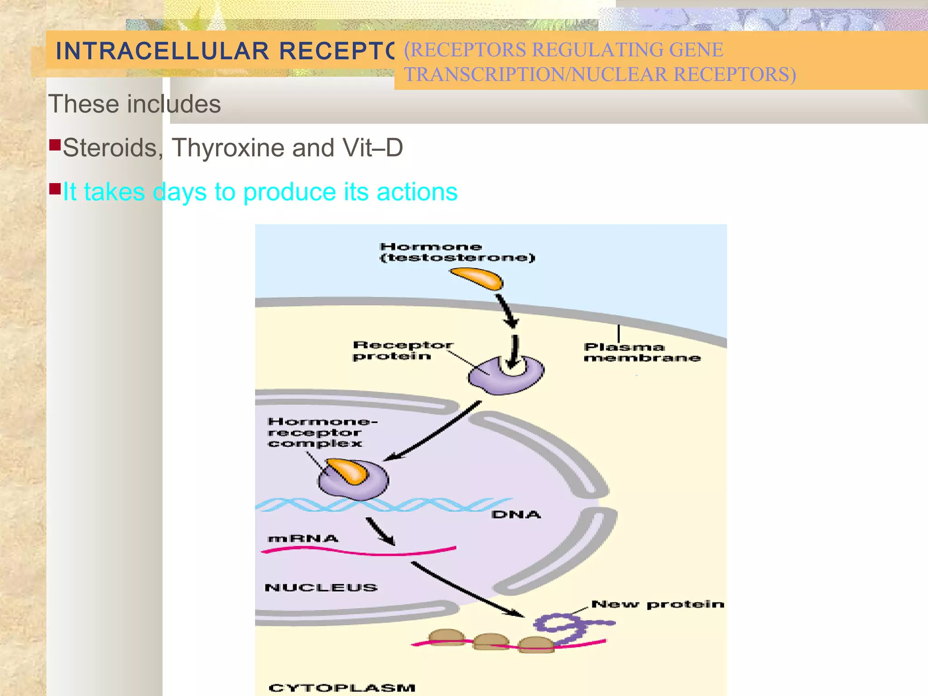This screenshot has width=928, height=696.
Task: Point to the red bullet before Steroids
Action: click(x=55, y=145)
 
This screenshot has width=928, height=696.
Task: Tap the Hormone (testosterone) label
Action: click(x=457, y=252)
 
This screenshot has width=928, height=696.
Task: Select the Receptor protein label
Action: click(x=402, y=351)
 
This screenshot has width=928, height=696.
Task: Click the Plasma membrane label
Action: click(x=642, y=353)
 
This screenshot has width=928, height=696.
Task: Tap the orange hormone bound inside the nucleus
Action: click(x=348, y=471)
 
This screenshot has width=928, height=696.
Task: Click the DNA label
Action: click(x=516, y=515)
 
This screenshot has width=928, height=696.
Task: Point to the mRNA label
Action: click(x=303, y=539)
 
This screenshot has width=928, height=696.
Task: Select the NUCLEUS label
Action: click(x=321, y=588)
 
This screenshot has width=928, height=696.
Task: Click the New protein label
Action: click(x=657, y=604)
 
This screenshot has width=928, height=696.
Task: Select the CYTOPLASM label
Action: click(x=342, y=687)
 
